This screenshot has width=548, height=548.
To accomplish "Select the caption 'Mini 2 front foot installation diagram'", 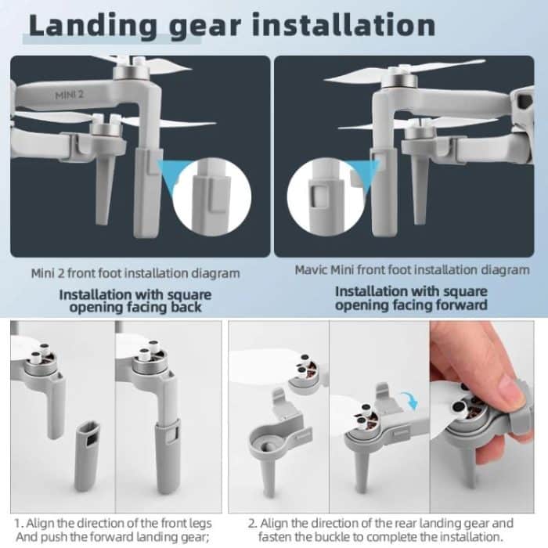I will [135, 274].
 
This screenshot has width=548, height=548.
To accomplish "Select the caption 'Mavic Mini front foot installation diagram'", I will [412, 270].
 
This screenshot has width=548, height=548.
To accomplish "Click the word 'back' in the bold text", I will [186, 308].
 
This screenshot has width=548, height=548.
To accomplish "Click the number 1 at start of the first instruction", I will [16, 522].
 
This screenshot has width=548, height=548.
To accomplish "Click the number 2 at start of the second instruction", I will [252, 522].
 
